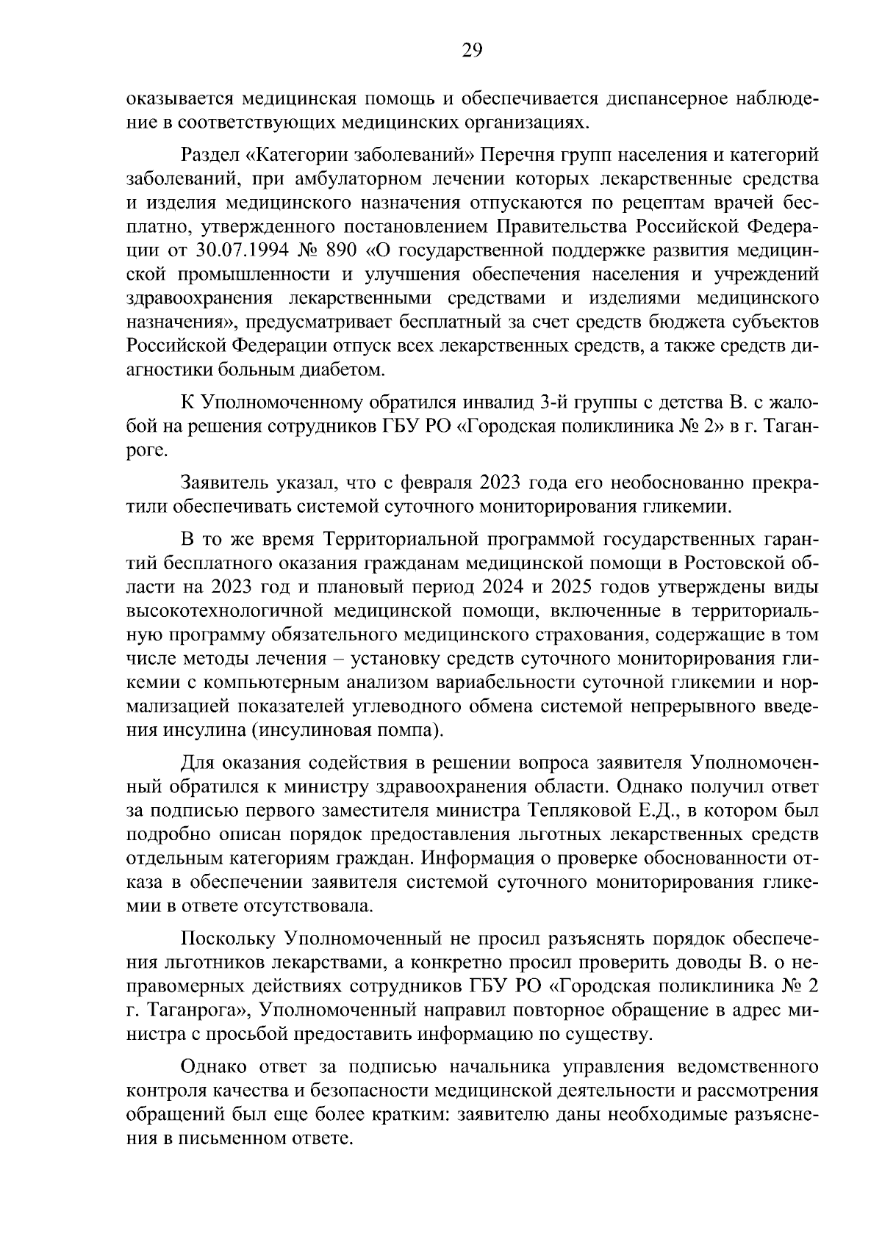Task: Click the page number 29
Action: coord(471,50)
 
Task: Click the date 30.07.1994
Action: coord(243,250)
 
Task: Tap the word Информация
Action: coord(480,859)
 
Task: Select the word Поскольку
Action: coord(226,939)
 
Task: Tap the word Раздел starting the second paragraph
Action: coord(206,155)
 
